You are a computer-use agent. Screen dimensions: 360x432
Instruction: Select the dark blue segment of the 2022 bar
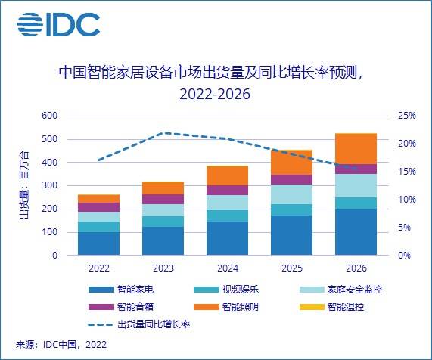coord(98,244)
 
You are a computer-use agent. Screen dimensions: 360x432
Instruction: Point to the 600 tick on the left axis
coord(49,116)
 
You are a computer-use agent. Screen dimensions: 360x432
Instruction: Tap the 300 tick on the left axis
coord(49,185)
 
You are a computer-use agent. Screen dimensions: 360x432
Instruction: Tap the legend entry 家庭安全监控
coord(353,290)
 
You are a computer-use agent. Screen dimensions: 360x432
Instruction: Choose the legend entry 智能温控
coord(347,307)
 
